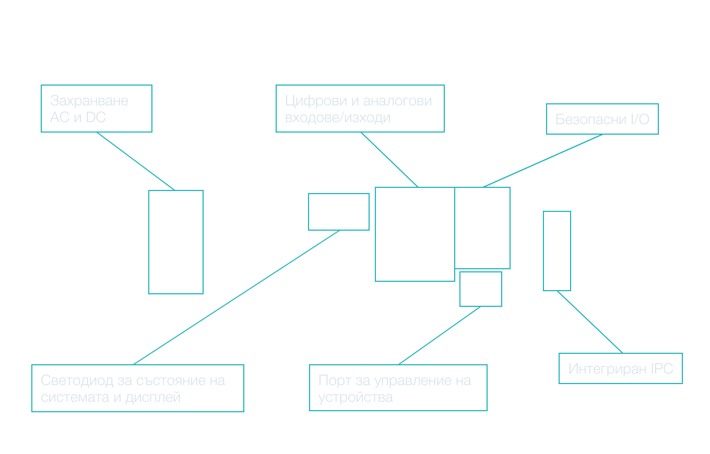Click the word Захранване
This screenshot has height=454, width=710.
point(89,101)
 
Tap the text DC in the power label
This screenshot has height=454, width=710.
point(96,117)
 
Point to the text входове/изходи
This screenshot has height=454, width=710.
point(337,117)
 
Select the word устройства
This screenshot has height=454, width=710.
point(356,397)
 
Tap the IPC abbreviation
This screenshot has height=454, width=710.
point(662,369)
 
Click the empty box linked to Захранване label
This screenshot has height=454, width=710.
point(176,242)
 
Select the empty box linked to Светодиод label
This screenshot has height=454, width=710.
point(339,212)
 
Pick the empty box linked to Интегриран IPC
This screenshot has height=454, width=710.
point(557,251)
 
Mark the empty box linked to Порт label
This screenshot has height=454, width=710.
point(481,289)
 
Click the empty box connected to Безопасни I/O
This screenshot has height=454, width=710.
point(482,228)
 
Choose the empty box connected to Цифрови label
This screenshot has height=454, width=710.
point(415,234)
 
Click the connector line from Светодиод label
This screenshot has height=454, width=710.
point(236,297)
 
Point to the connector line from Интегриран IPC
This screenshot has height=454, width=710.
point(590,322)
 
